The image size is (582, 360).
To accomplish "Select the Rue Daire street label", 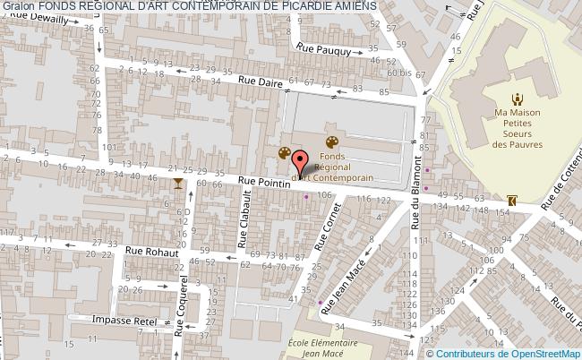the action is pos(258,82).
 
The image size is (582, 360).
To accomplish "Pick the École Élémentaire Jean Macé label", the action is pos(323,347).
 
